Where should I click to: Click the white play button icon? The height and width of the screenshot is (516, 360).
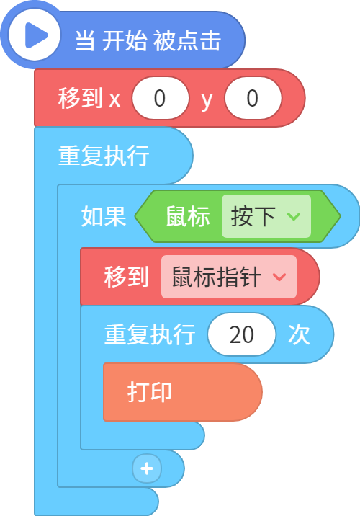click(x=34, y=35)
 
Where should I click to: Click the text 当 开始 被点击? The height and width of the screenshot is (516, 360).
click(x=148, y=41)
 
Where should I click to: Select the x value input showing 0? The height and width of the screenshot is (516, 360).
click(x=161, y=98)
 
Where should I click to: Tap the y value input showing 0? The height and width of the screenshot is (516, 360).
click(x=253, y=98)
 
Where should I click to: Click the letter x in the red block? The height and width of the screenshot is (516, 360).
click(x=114, y=99)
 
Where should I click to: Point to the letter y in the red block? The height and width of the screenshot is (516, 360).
click(x=207, y=100)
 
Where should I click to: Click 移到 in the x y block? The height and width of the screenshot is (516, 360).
click(x=81, y=98)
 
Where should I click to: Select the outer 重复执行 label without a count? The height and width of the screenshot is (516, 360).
click(x=104, y=156)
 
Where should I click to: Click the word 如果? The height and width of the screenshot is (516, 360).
click(x=104, y=216)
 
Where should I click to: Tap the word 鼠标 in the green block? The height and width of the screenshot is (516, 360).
click(x=188, y=216)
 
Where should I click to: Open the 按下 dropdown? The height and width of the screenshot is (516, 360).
click(x=266, y=216)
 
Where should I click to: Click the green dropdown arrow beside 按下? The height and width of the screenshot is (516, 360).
click(x=294, y=216)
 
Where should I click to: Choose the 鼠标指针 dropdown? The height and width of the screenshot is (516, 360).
click(x=229, y=277)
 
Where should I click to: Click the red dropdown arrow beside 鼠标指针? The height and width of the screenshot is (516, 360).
click(x=279, y=277)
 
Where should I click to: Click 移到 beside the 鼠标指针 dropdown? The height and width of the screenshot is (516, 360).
click(x=127, y=277)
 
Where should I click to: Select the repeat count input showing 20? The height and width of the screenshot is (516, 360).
click(x=242, y=334)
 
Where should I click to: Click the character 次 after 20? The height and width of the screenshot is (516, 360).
click(x=300, y=334)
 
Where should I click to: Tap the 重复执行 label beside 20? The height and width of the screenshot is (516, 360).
click(x=150, y=334)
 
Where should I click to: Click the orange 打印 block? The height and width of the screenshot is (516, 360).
click(x=183, y=392)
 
